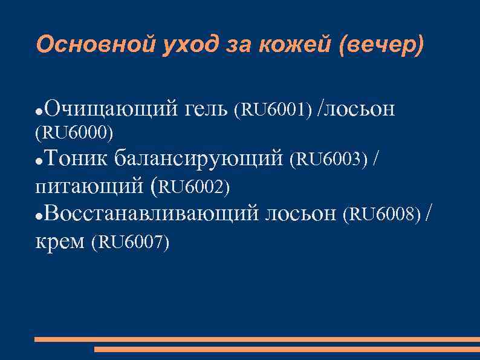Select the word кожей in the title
pyautogui.click(x=284, y=45)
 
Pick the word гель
pyautogui.click(x=204, y=109)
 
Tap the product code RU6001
pyautogui.click(x=276, y=110)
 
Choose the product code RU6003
pyautogui.click(x=329, y=160)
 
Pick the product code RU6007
pyautogui.click(x=131, y=243)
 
